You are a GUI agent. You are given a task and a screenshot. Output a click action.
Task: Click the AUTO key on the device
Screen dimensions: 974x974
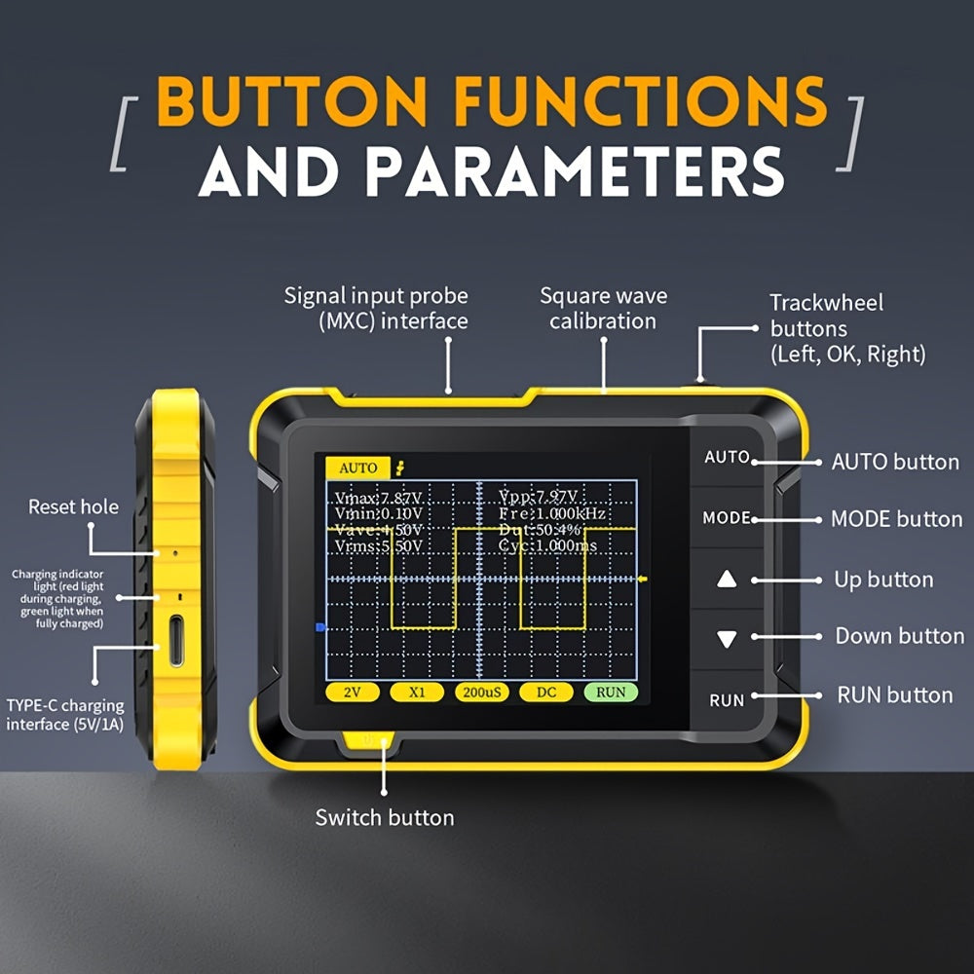tap(727, 457)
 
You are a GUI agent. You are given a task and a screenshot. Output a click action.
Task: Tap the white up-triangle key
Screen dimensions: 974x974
tap(727, 580)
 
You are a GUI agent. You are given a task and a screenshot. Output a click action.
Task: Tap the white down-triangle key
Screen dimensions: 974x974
tap(727, 640)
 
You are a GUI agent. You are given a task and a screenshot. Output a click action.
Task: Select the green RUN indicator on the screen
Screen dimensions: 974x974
tap(611, 693)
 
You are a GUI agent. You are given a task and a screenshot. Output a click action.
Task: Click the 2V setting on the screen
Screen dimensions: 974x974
tap(352, 693)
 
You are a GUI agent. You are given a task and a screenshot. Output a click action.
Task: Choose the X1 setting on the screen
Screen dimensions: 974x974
tap(417, 693)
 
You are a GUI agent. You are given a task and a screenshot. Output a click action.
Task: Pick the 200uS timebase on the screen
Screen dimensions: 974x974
tap(481, 693)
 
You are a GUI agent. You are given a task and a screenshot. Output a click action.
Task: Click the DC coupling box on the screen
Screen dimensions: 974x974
tap(545, 693)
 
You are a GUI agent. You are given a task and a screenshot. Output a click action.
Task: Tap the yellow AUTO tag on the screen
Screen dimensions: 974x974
tap(357, 468)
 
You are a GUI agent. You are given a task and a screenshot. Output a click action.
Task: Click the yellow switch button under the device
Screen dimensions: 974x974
tap(369, 741)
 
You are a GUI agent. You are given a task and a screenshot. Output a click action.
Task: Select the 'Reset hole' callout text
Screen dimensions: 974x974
tap(73, 506)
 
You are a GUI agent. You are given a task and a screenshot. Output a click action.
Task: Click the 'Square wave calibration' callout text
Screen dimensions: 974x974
tap(603, 308)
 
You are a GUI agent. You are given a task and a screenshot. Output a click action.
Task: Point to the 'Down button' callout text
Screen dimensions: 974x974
tap(899, 636)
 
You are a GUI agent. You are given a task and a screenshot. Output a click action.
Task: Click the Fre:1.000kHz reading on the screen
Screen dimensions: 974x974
tap(551, 513)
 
